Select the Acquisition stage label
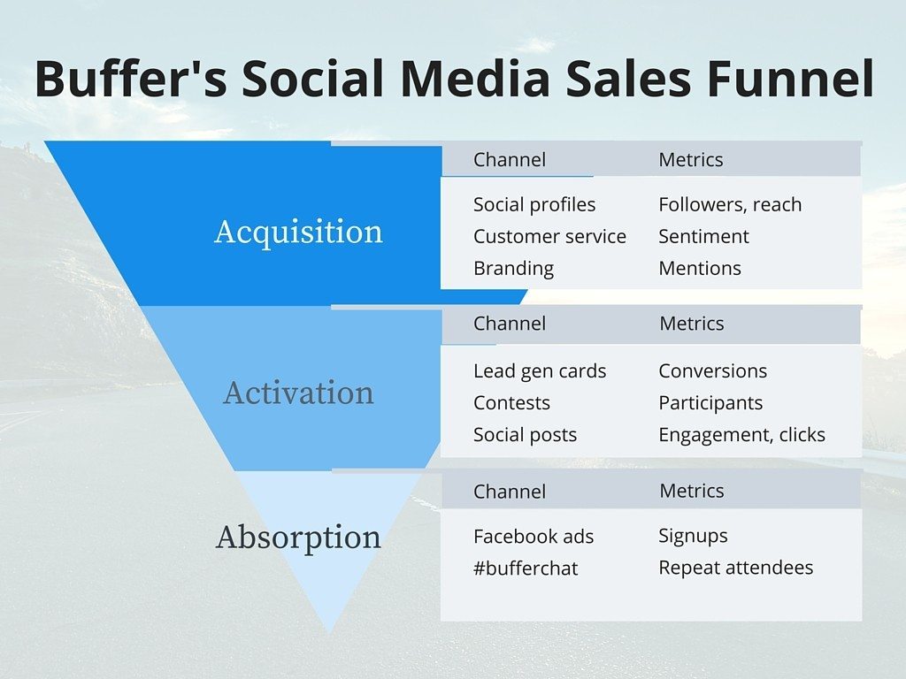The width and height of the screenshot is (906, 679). tap(298, 232)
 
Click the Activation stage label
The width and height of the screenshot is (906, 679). tap(298, 393)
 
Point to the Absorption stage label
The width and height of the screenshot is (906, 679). tap(298, 537)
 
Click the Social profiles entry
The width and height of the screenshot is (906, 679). tap(534, 204)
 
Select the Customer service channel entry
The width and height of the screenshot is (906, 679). tap(549, 236)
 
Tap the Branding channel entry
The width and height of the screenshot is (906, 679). tap(513, 268)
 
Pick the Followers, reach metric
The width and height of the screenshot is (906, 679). tap(730, 204)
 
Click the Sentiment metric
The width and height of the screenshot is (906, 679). tap(703, 236)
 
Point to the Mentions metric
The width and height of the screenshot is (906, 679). tap(700, 268)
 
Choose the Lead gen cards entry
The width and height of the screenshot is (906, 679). tap(540, 371)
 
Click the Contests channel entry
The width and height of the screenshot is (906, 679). tap(511, 403)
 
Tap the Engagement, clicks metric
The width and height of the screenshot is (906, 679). tap(741, 435)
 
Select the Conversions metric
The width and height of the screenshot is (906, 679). tap(712, 371)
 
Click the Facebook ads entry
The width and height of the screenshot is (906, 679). tap(534, 537)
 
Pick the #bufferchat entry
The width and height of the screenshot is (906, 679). tap(526, 568)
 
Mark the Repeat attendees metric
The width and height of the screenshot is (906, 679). tap(735, 568)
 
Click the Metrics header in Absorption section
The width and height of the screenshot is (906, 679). tap(692, 491)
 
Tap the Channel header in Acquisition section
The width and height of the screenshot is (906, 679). tap(510, 160)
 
